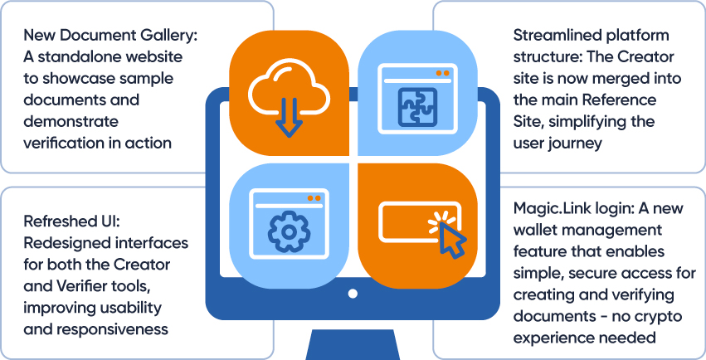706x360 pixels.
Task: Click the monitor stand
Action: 353,342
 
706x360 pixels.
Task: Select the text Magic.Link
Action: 551,207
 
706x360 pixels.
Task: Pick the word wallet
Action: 536,229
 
